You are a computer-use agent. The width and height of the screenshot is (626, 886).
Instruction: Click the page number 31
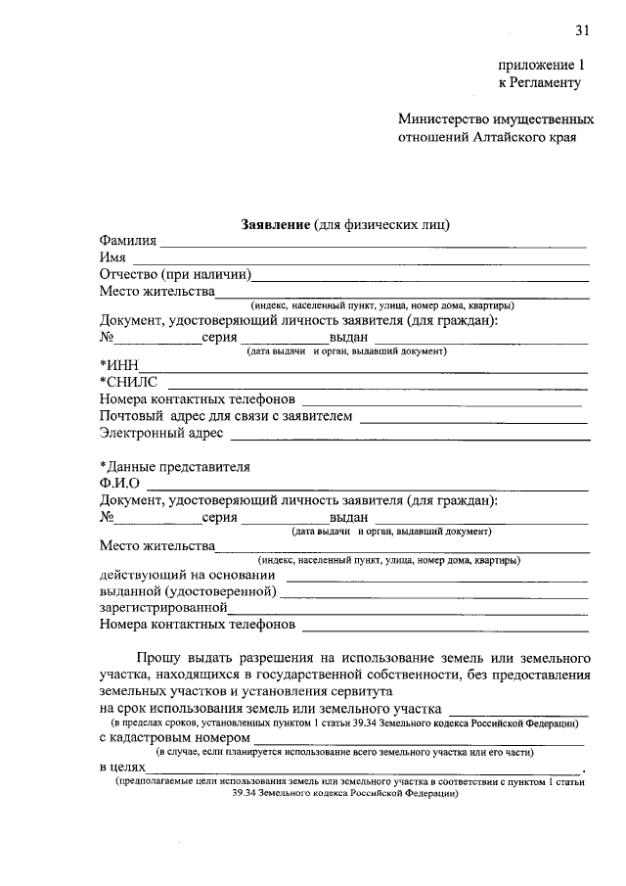582,30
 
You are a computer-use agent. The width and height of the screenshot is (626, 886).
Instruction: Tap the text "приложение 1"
541,65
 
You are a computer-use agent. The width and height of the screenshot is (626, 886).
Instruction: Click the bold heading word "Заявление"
275,224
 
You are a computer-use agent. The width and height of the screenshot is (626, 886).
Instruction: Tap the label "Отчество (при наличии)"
176,274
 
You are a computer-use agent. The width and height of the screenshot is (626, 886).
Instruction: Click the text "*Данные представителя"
175,466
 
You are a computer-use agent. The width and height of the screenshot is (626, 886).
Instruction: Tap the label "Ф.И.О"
119,484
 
